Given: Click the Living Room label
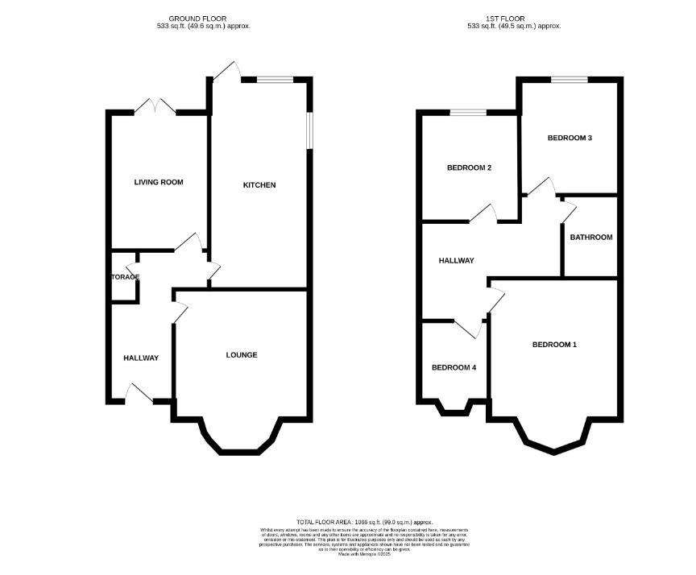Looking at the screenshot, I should click(x=158, y=182).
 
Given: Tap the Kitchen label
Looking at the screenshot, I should click(x=259, y=185).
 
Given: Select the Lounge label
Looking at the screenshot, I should click(x=242, y=355).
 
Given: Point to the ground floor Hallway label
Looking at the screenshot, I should click(x=141, y=358).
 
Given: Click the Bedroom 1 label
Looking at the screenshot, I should click(x=554, y=345).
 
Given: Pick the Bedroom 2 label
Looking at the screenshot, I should click(x=469, y=168).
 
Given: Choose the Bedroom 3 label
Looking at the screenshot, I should click(x=570, y=138).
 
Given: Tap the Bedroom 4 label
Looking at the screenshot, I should click(x=454, y=368).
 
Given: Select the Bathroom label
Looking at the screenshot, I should click(x=590, y=238).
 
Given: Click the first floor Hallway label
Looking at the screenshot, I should click(x=456, y=261).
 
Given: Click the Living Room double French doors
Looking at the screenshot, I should click(x=155, y=106).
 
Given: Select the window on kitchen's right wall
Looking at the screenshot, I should click(x=309, y=129).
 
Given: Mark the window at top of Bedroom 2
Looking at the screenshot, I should click(x=468, y=112).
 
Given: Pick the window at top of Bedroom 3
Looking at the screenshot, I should click(x=570, y=79).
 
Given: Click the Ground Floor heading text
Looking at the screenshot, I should click(x=197, y=18).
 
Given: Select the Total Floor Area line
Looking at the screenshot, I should click(x=364, y=523).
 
